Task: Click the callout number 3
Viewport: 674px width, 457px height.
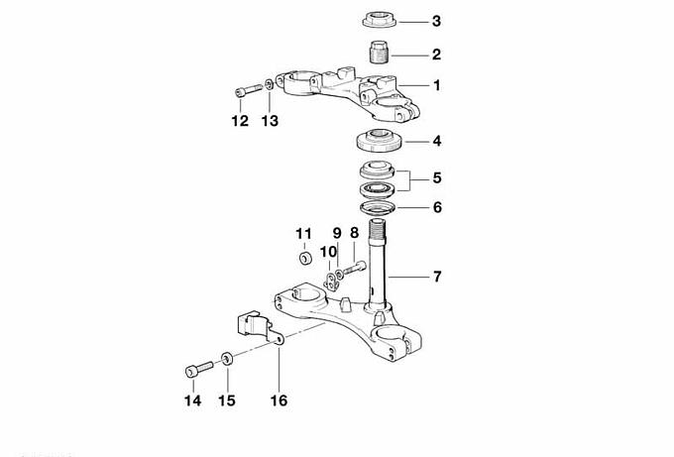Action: pyautogui.click(x=436, y=21)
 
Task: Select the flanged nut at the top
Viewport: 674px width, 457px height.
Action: pyautogui.click(x=379, y=20)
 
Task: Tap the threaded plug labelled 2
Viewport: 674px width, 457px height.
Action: pyautogui.click(x=379, y=52)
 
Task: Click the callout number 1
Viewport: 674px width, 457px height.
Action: pyautogui.click(x=437, y=85)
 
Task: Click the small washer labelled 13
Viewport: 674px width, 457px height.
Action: pyautogui.click(x=269, y=84)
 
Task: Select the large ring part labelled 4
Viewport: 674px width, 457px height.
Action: pyautogui.click(x=379, y=141)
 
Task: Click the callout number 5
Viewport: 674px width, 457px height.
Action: pyautogui.click(x=437, y=177)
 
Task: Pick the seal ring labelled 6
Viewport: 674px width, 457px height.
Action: pyautogui.click(x=378, y=207)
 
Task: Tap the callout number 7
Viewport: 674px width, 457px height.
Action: pyautogui.click(x=437, y=277)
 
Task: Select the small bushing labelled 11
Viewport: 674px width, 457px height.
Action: pyautogui.click(x=305, y=259)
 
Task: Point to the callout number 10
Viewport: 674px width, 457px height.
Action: pyautogui.click(x=328, y=252)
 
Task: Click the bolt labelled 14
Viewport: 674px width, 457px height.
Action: pyautogui.click(x=199, y=369)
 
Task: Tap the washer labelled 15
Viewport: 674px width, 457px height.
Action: pyautogui.click(x=227, y=358)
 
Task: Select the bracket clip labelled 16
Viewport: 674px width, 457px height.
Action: pyautogui.click(x=259, y=327)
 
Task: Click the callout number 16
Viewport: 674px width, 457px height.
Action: pyautogui.click(x=279, y=400)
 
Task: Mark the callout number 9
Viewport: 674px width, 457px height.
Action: pyautogui.click(x=337, y=233)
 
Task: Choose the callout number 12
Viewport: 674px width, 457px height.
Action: pyautogui.click(x=240, y=121)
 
